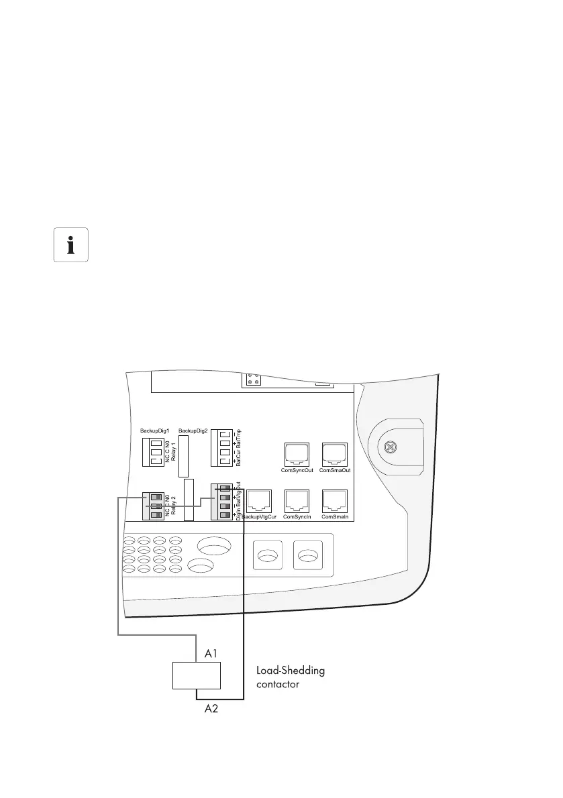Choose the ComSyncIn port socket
click(297, 501)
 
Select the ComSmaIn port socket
click(336, 501)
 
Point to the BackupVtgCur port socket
click(258, 501)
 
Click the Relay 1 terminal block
click(154, 453)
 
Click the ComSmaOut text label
click(336, 471)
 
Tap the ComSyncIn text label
click(297, 517)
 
